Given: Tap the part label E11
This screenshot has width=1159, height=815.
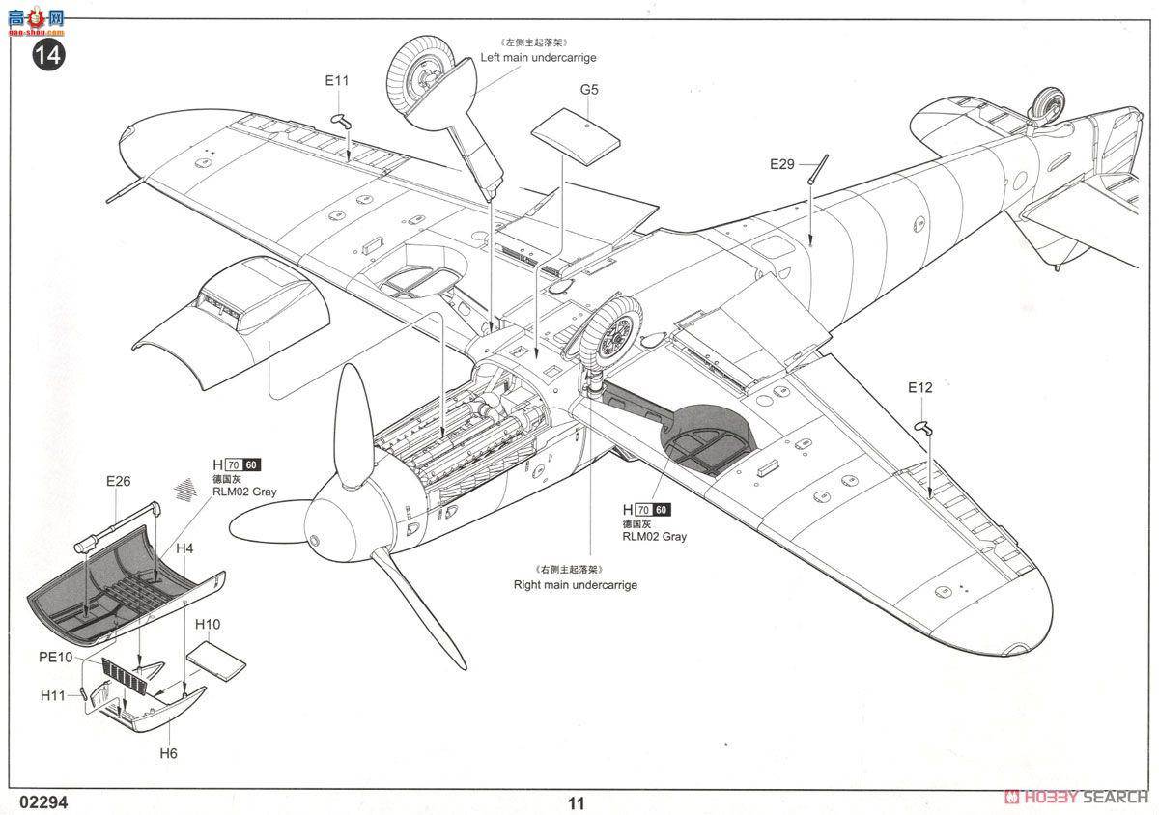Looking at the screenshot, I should point(336,81).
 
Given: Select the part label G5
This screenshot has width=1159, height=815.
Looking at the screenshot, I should point(589,89).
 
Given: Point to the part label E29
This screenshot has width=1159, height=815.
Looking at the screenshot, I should point(781,164).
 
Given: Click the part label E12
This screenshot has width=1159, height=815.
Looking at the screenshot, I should point(919,387).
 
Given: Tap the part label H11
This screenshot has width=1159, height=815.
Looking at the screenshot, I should point(53,695).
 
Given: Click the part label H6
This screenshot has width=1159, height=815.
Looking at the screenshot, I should point(168,752).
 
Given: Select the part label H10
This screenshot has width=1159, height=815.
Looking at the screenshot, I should point(208,624).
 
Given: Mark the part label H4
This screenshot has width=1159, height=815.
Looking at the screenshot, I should point(184,548).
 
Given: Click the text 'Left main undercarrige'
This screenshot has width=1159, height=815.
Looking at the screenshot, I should point(538,58).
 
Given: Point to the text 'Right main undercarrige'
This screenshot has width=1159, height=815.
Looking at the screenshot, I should point(575,585).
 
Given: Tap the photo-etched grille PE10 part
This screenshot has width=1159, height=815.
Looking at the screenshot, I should point(127,675).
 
